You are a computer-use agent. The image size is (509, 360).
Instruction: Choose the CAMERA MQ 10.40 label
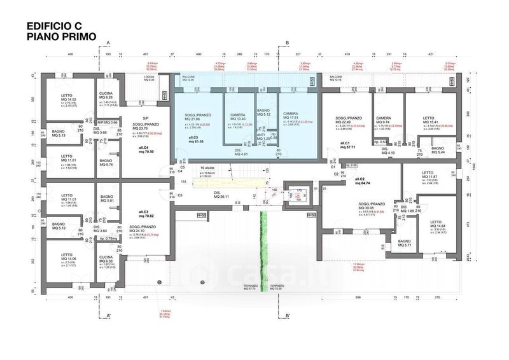click(237, 117)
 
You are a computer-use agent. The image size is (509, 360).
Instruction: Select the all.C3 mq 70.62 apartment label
click(146, 214)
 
